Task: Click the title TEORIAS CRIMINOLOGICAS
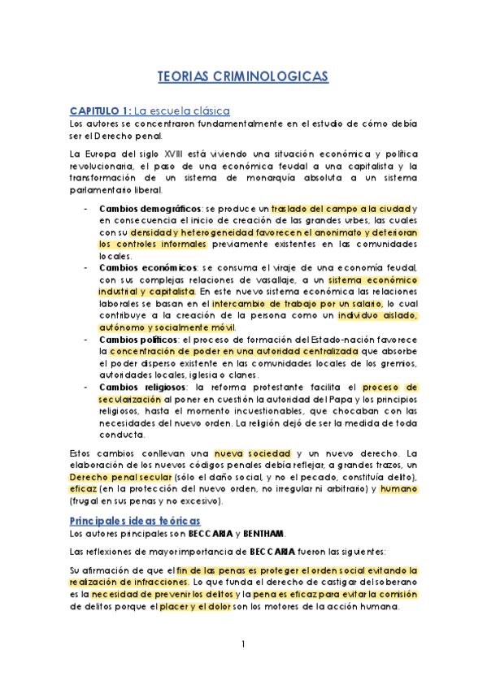pos(243,76)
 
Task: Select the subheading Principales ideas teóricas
pos(137,519)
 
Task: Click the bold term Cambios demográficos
pos(148,209)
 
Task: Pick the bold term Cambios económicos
pos(146,267)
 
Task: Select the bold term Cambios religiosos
pos(144,387)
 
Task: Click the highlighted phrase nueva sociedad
pos(244,453)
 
